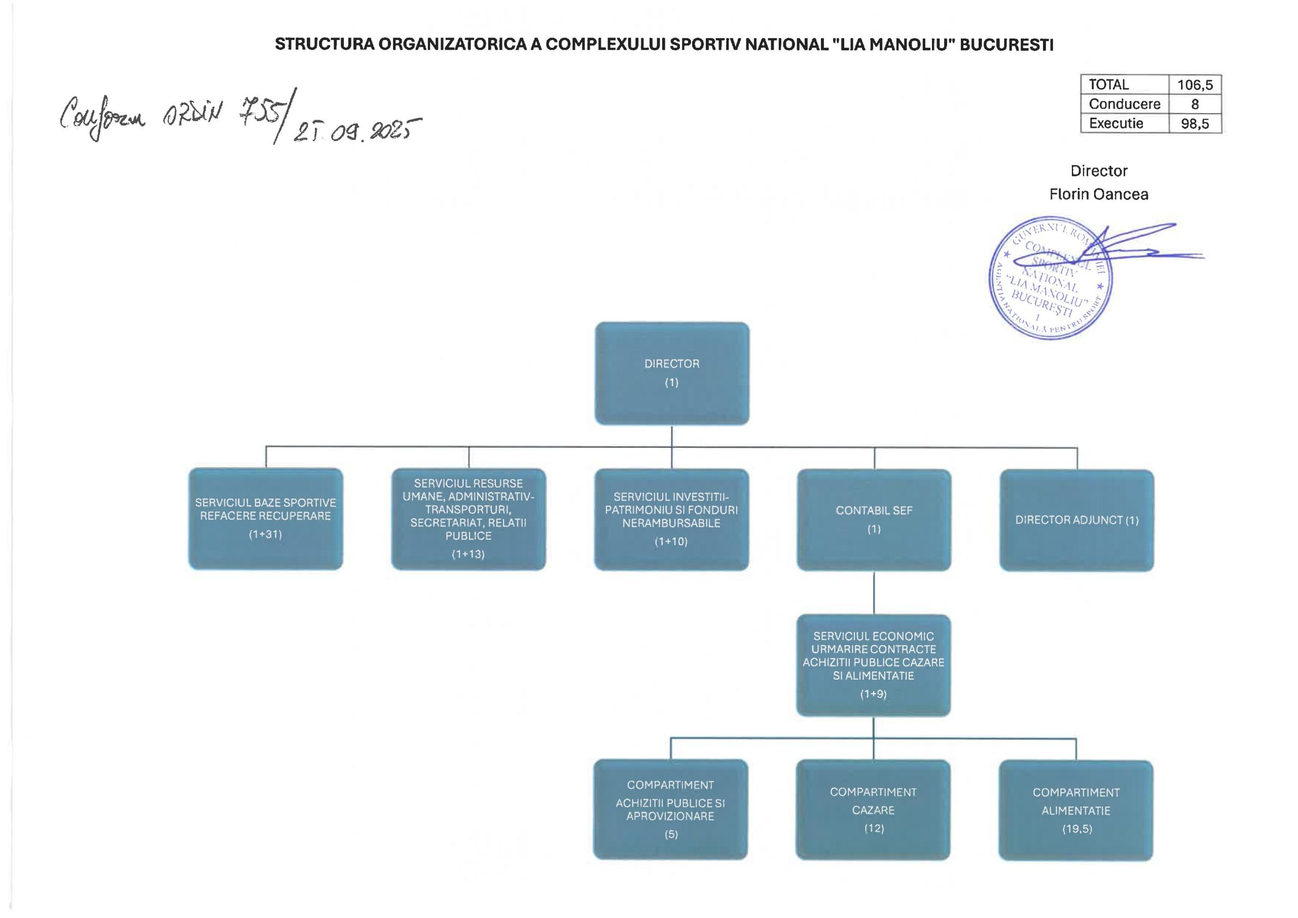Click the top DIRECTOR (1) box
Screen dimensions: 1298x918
[x=672, y=373]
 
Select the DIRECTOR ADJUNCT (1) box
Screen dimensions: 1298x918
[x=1076, y=520]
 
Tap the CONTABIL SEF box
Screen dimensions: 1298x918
[x=874, y=520]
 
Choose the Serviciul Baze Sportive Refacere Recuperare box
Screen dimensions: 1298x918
[x=266, y=519]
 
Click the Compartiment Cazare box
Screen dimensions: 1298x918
[x=873, y=810]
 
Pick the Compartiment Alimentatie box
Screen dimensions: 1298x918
[x=1076, y=810]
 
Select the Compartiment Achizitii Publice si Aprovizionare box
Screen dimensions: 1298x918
[x=670, y=809]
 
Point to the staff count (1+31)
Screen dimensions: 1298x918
[x=265, y=534]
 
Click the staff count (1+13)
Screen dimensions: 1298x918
[x=468, y=554]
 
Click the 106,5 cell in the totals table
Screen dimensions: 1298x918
[x=1195, y=85]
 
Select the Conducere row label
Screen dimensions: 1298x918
[x=1125, y=104]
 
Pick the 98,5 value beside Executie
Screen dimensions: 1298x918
[x=1195, y=124]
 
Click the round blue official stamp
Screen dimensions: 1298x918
[x=1050, y=278]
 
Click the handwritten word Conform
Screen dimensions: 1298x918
[x=102, y=116]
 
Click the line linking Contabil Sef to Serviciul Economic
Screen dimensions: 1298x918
[x=874, y=593]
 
